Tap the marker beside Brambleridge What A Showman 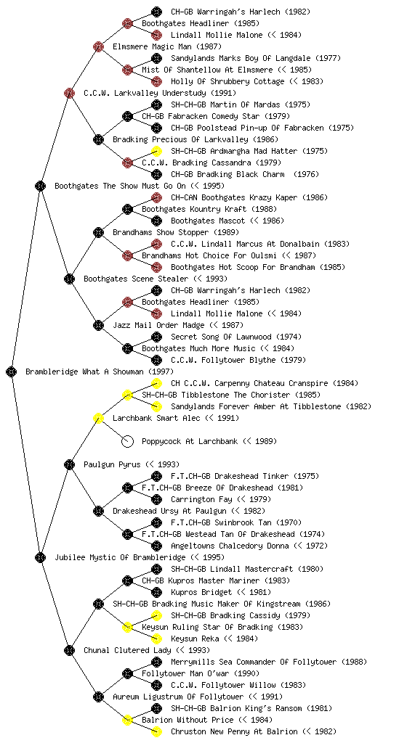pos(12,371)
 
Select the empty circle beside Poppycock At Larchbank pos(127,441)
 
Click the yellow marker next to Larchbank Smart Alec pos(98,418)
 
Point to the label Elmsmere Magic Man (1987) pos(167,46)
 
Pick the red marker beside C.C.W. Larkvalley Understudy pos(69,93)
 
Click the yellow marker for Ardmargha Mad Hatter pos(156,151)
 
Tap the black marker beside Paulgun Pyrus pos(69,464)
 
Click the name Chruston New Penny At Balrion pos(234,731)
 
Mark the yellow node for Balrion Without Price pos(127,720)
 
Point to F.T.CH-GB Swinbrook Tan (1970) pos(236,522)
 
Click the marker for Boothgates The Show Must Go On pos(40,186)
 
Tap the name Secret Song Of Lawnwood pos(221,337)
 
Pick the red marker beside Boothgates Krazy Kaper pos(156,197)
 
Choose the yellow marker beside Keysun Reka pos(156,639)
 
